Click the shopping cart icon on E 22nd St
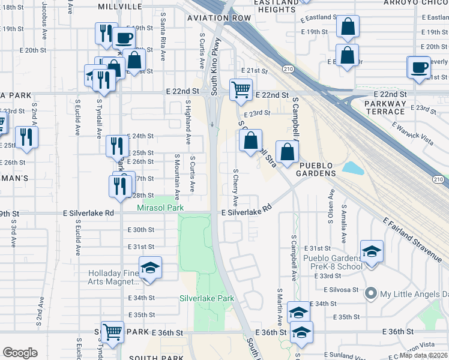(241, 89)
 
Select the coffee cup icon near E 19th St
(124, 38)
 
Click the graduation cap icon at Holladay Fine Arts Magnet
(150, 267)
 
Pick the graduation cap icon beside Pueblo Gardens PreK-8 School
(372, 251)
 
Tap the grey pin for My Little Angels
(371, 293)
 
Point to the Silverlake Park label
(206, 298)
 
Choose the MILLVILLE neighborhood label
(122, 7)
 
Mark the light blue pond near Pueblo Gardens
(355, 167)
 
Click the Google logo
(20, 352)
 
